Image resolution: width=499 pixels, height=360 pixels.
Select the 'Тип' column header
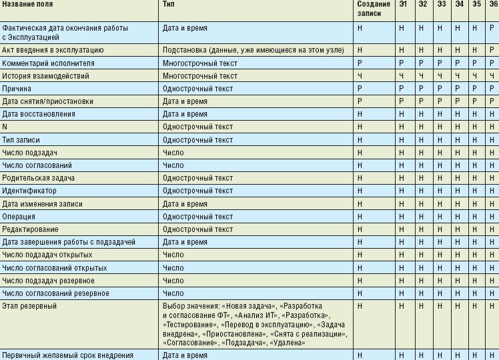pos(169,5)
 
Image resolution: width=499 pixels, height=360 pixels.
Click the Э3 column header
pos(442,5)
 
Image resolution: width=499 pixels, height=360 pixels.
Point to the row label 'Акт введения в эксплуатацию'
pos(53,50)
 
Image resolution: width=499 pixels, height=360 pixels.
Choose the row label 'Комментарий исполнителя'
pos(48,63)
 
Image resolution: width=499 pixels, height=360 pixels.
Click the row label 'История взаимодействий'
pos(45,76)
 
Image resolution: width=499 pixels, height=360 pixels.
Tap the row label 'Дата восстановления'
pos(39,114)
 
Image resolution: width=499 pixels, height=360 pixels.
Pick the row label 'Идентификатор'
pos(31,191)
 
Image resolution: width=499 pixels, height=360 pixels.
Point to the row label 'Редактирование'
pos(30,229)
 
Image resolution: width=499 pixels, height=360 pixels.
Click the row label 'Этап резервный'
pos(29,306)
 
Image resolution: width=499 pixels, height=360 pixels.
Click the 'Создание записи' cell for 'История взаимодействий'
pos(360,76)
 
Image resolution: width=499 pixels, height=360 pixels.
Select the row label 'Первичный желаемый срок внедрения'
pos(68,355)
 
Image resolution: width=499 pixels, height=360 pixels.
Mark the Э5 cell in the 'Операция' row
pos(475,217)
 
